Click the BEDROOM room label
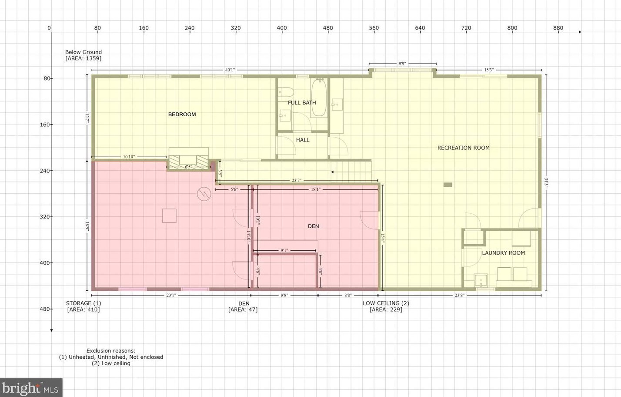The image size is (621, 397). (182, 114)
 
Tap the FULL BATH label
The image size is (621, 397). (302, 103)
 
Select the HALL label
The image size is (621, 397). (303, 140)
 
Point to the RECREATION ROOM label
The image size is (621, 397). (463, 148)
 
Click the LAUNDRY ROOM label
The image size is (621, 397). (503, 253)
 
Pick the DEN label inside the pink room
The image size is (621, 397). (313, 226)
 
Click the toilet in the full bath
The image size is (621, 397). (285, 92)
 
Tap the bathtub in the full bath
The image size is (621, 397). (319, 98)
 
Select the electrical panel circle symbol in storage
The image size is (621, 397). (204, 194)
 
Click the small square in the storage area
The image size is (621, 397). (169, 216)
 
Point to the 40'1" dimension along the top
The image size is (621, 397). (230, 70)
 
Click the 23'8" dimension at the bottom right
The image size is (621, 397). (460, 295)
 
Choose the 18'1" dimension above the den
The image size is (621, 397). (316, 189)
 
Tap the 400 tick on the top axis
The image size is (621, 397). (282, 28)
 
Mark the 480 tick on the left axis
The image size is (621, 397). (46, 309)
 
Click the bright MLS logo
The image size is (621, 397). (31, 388)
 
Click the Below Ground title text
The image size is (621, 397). (83, 52)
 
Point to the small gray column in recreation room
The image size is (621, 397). (447, 185)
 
